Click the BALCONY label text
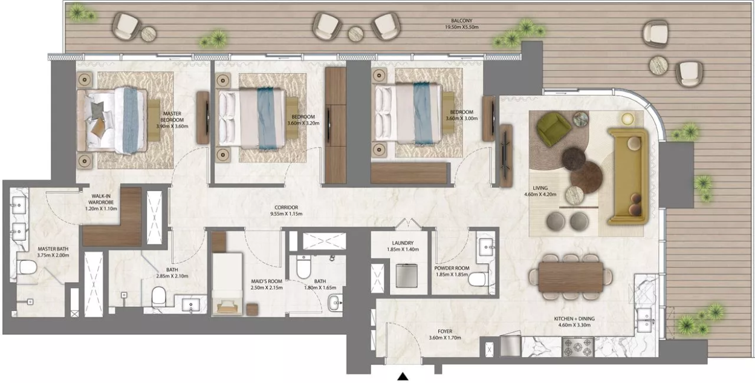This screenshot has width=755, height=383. point(461,21)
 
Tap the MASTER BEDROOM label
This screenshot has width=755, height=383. point(172,117)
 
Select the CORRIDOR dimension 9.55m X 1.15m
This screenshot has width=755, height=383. point(286,214)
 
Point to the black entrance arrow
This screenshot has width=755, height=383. point(403,376)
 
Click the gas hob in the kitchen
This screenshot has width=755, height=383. point(578,347)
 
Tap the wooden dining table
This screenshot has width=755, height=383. point(571,277)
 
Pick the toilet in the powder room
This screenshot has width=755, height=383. point(479,280)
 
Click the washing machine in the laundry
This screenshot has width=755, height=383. point(406,275)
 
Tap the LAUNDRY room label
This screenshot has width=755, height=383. point(403,243)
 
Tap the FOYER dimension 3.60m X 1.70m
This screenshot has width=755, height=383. point(445,338)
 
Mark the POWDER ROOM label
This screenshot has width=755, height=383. point(452,268)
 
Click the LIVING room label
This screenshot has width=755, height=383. point(540,188)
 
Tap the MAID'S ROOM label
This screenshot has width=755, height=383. point(267,281)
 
